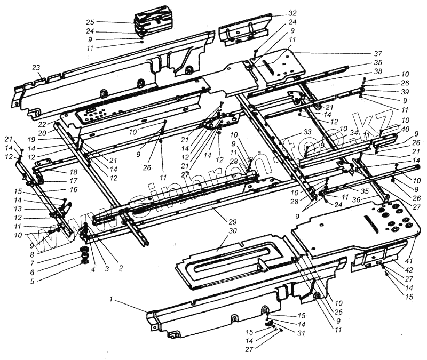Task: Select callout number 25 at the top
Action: (x=90, y=22)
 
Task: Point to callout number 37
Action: (x=378, y=54)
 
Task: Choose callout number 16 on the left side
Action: (x=73, y=189)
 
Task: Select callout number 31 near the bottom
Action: (x=302, y=334)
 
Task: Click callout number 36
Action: (x=355, y=200)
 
